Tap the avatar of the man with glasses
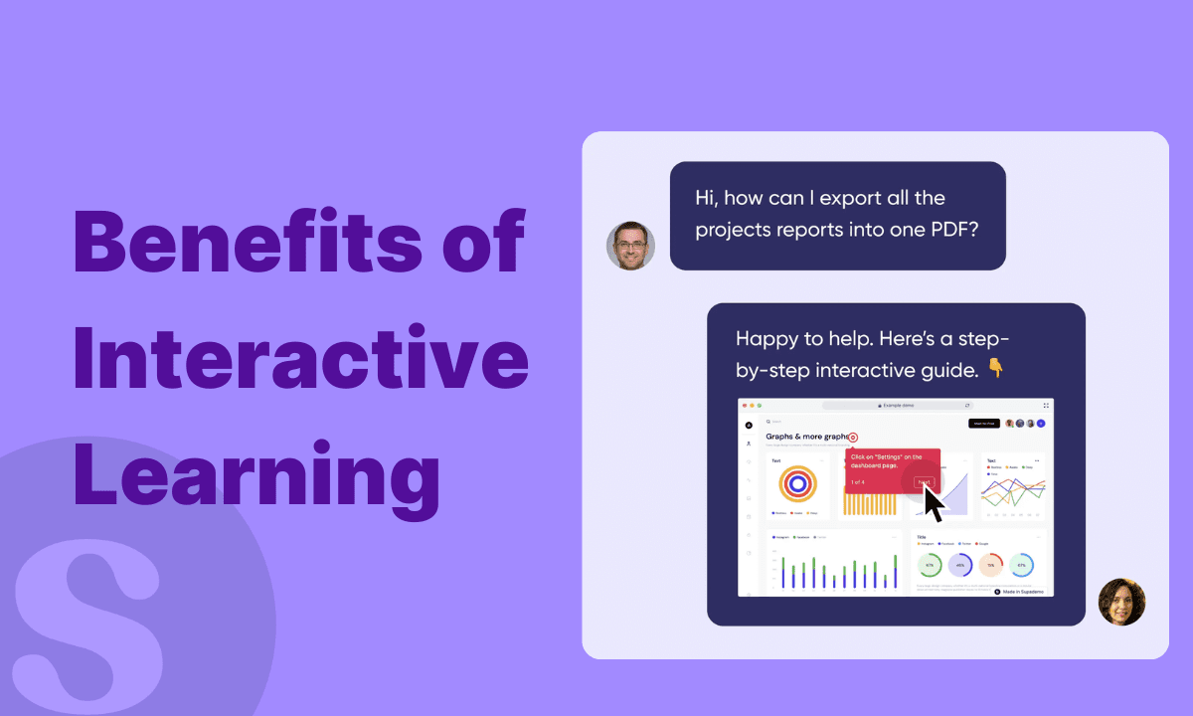point(630,245)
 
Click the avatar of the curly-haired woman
point(1121,602)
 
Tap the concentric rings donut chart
point(797,484)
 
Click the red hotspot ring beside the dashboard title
point(853,438)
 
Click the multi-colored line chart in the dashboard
point(1014,489)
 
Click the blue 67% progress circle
point(1021,565)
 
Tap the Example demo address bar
point(897,406)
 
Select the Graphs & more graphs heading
point(806,437)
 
